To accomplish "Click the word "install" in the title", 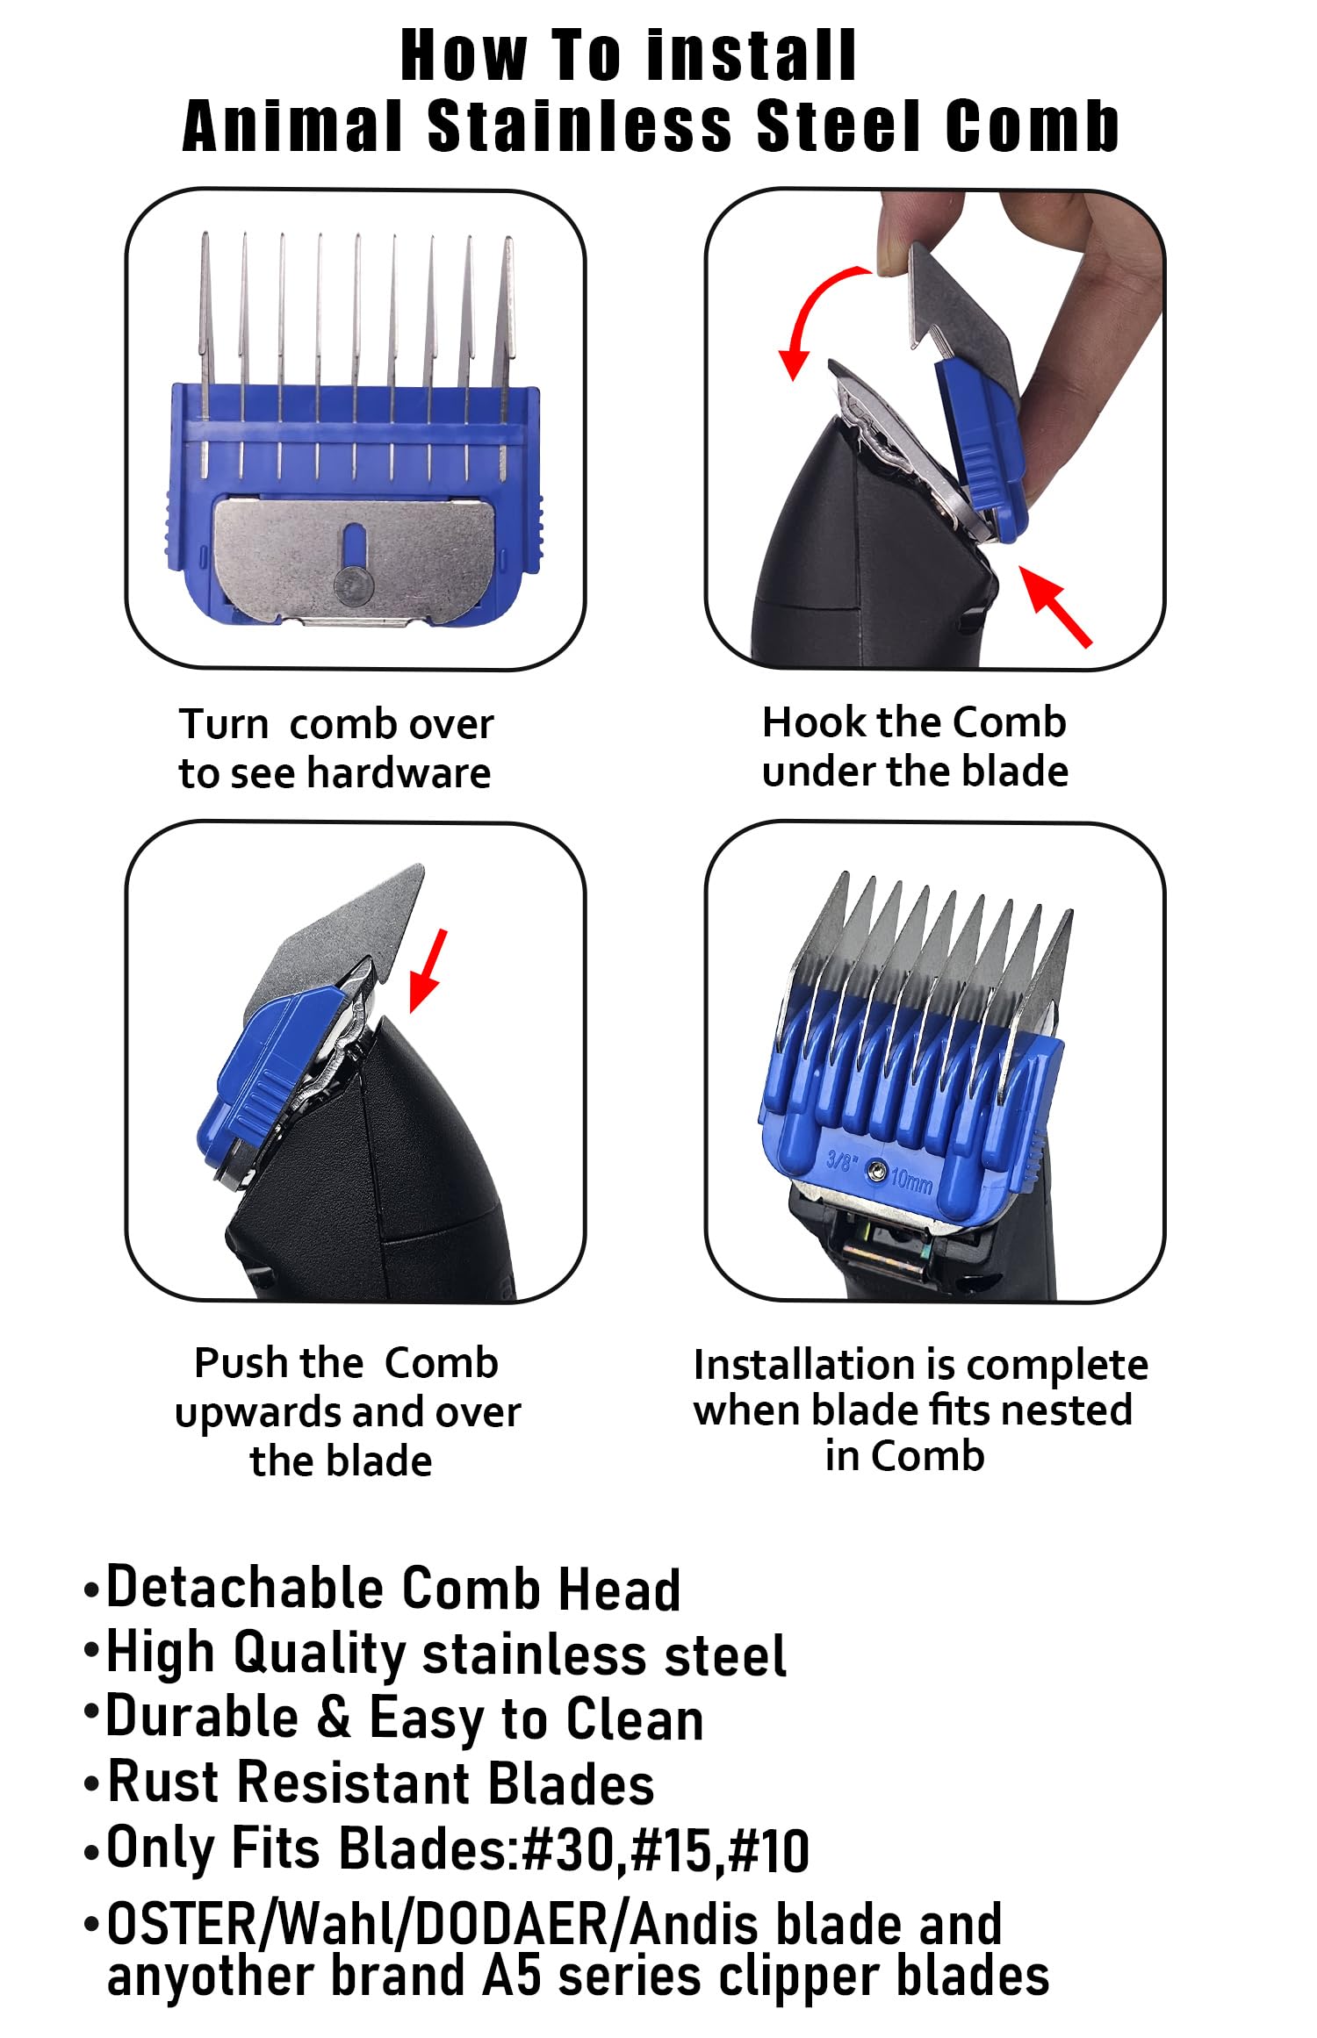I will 751,56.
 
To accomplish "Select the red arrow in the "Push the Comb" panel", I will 429,971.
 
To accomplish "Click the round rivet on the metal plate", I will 353,583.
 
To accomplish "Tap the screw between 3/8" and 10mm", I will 875,1170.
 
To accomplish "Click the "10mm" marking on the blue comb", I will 911,1180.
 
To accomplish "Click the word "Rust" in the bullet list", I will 162,1782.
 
